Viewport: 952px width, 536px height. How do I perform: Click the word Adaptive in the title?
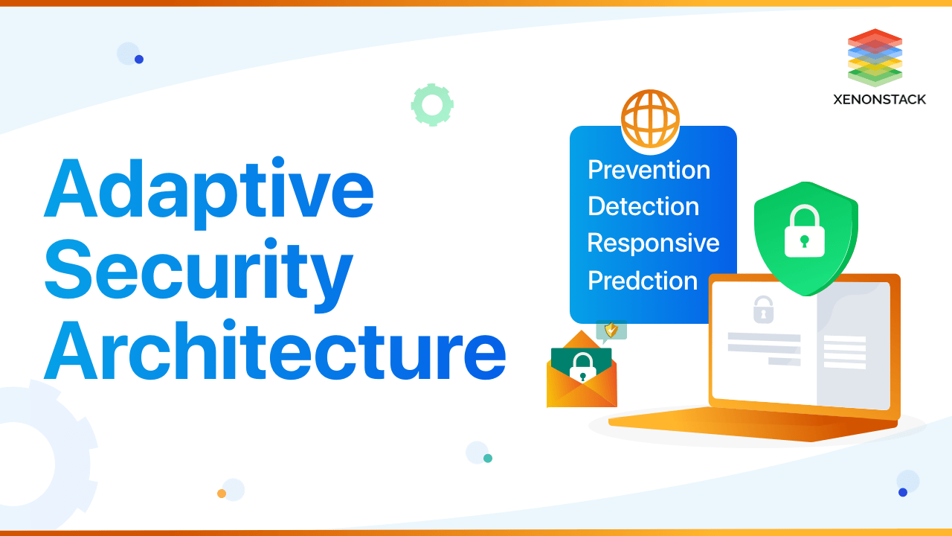tap(208, 190)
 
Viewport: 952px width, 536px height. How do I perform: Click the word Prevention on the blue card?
tap(649, 170)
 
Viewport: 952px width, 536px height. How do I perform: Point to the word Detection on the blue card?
tap(643, 206)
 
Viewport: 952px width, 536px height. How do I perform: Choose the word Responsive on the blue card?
tap(653, 243)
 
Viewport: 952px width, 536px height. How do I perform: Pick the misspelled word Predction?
tap(643, 281)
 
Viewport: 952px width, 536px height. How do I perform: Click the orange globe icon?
tap(650, 118)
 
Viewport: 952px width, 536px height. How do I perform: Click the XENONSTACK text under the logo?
tap(879, 99)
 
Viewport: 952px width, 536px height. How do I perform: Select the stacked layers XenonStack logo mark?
tap(875, 57)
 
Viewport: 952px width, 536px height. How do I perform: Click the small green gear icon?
tap(432, 105)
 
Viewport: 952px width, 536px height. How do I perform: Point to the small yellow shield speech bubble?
tap(611, 330)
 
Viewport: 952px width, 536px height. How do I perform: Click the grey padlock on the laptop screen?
tap(763, 309)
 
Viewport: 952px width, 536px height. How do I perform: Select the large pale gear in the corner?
tap(30, 462)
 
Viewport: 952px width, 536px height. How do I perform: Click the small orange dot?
tap(222, 494)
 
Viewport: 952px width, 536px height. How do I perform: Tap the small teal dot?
tap(488, 458)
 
